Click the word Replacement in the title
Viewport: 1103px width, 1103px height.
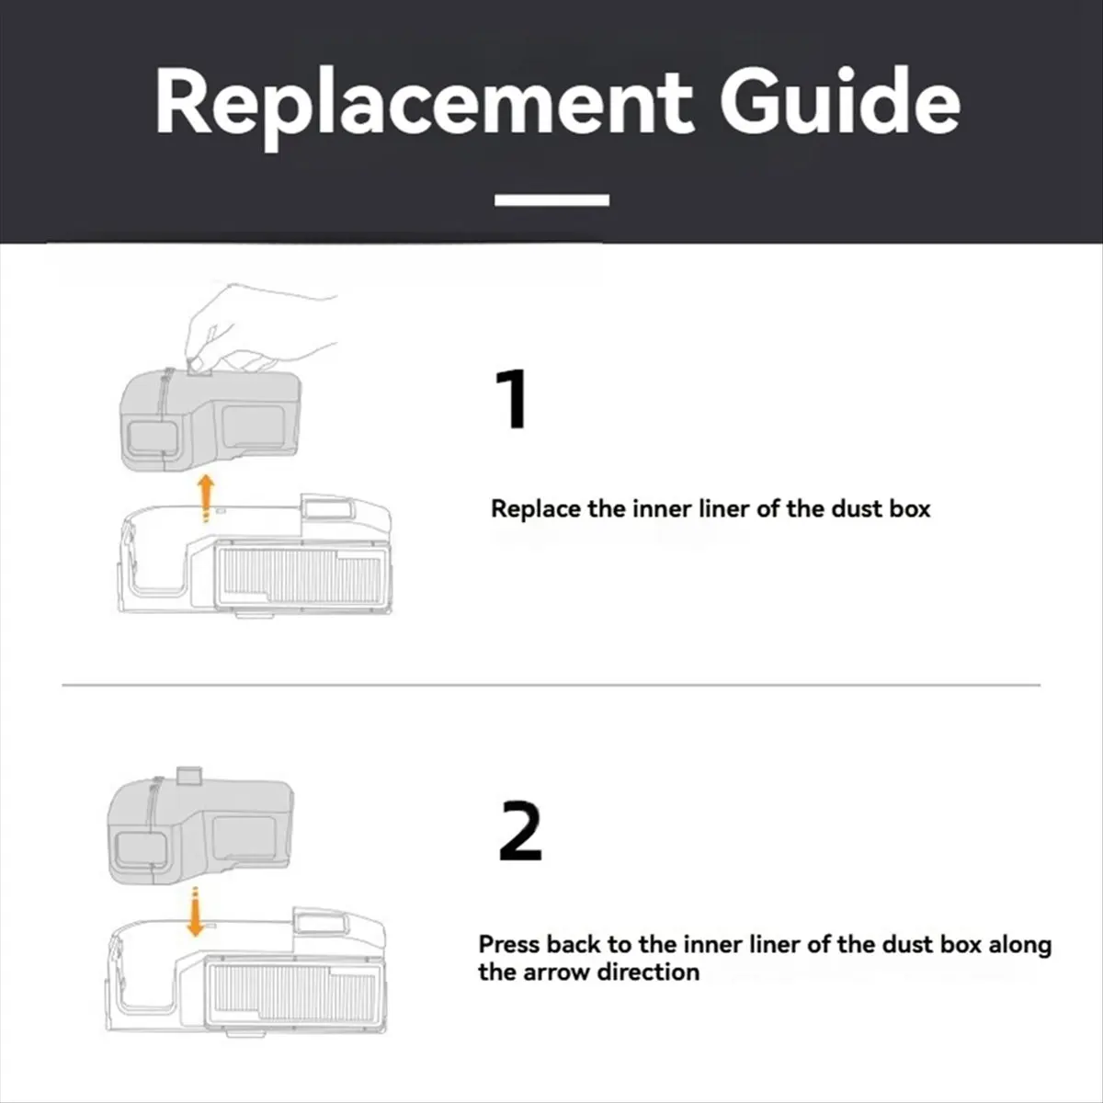pyautogui.click(x=424, y=103)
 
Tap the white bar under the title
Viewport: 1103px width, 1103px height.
pyautogui.click(x=551, y=199)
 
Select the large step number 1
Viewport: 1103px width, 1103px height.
pyautogui.click(x=511, y=399)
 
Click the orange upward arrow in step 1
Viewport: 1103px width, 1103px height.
pyautogui.click(x=206, y=498)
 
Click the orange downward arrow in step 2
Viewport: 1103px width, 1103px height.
pyautogui.click(x=197, y=913)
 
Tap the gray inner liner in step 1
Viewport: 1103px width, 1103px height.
pyautogui.click(x=210, y=419)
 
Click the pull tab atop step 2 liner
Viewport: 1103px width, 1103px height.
pyautogui.click(x=189, y=775)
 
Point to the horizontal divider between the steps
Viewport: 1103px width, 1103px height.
pyautogui.click(x=551, y=685)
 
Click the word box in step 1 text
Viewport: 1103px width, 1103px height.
pyautogui.click(x=910, y=509)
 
